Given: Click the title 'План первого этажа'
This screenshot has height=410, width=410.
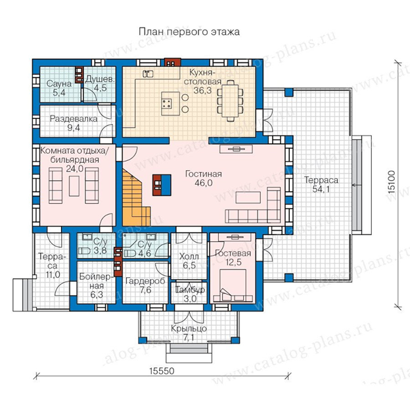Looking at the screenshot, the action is pyautogui.click(x=189, y=32).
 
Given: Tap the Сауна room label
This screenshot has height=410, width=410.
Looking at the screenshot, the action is pyautogui.click(x=59, y=84).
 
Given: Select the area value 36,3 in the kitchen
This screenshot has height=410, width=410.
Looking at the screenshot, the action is pyautogui.click(x=202, y=91).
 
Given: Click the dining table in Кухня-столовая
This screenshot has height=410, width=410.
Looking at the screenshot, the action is pyautogui.click(x=231, y=101).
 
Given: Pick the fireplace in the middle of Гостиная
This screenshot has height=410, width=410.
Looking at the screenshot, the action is pyautogui.click(x=162, y=185).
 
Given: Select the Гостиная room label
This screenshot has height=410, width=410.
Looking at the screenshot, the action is pyautogui.click(x=204, y=174).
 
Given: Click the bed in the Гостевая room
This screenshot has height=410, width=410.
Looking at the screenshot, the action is pyautogui.click(x=233, y=286).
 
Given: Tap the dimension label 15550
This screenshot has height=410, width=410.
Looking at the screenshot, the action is pyautogui.click(x=162, y=371).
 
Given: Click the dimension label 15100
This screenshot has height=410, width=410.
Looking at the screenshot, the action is pyautogui.click(x=392, y=182).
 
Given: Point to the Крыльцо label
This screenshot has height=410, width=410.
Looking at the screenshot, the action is pyautogui.click(x=189, y=329).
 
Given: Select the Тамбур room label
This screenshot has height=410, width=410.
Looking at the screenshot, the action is pyautogui.click(x=190, y=290).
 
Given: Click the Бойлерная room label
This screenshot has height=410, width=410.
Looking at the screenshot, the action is pyautogui.click(x=97, y=281).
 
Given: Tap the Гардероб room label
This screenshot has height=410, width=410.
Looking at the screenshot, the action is pyautogui.click(x=145, y=281).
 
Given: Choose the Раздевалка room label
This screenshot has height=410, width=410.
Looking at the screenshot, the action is pyautogui.click(x=74, y=119).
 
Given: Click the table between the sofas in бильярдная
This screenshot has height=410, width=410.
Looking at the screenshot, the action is pyautogui.click(x=74, y=186).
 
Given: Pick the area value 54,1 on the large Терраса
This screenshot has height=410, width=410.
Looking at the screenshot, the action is pyautogui.click(x=321, y=189).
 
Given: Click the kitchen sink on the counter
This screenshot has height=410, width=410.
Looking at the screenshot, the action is pyautogui.click(x=148, y=74).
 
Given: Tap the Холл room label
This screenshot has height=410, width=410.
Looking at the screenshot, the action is pyautogui.click(x=189, y=257).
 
